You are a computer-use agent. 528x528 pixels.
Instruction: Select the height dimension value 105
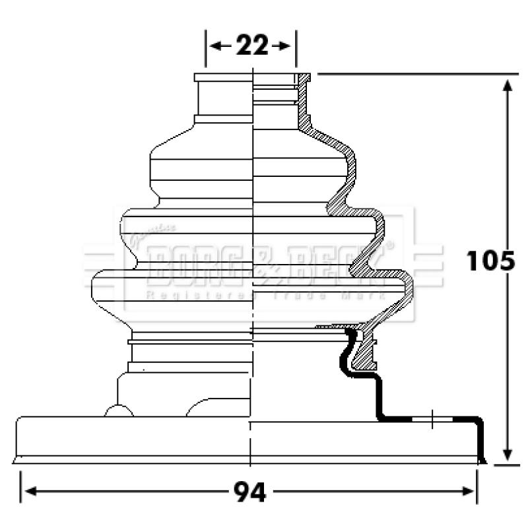[x=490, y=261]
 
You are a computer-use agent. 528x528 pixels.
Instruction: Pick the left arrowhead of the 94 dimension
[x=28, y=492]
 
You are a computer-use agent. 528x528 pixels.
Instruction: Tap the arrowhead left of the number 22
[x=215, y=46]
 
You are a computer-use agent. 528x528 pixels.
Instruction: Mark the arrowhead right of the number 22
[x=284, y=46]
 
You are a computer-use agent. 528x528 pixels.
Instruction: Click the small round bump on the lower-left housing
[x=118, y=412]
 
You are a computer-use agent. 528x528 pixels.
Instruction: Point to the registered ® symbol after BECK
[x=389, y=245]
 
